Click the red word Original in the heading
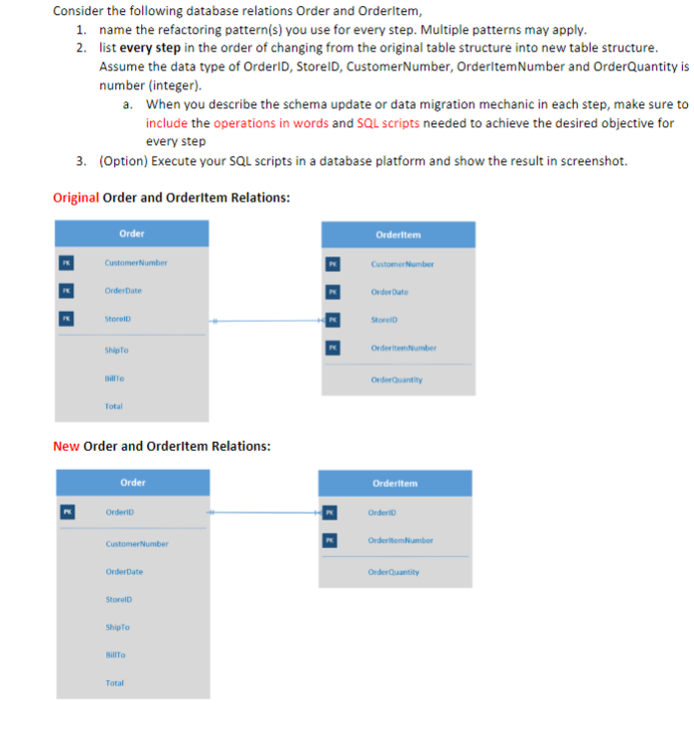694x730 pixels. (75, 198)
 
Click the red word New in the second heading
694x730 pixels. (66, 446)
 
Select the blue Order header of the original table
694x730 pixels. (131, 233)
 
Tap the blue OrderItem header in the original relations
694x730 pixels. (398, 234)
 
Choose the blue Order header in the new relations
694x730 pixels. (132, 483)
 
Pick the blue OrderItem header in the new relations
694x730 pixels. (395, 484)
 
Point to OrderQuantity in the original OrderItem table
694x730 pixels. (396, 378)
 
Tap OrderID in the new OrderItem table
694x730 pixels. (381, 512)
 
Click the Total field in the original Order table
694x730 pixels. (114, 406)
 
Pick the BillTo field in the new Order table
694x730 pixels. (116, 655)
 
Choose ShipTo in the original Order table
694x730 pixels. (116, 350)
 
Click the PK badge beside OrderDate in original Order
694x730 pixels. (66, 291)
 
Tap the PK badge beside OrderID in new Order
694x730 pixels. (67, 512)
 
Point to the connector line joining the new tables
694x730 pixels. (264, 512)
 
